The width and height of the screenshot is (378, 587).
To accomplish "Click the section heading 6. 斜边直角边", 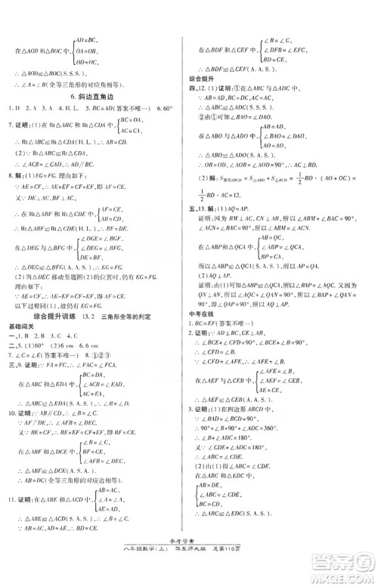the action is click(x=97, y=97).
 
